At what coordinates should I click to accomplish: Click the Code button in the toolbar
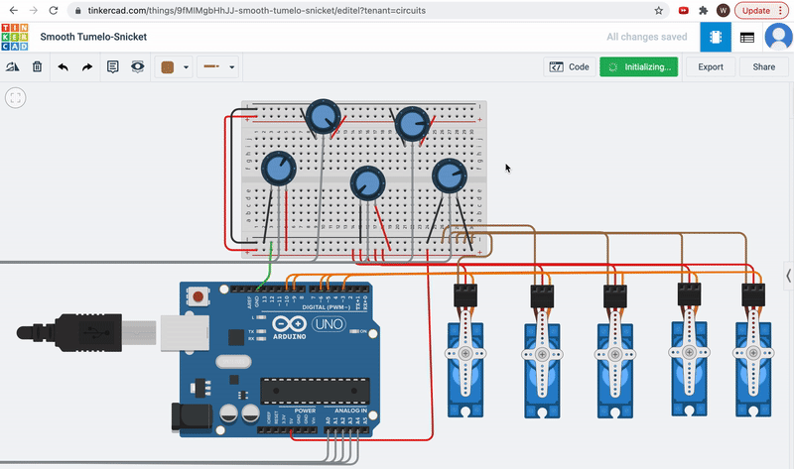570,67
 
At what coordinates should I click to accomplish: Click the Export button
711,67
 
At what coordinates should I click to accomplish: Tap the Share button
763,67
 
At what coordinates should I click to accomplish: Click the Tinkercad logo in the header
15,38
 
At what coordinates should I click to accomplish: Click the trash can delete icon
37,67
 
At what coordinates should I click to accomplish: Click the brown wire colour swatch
168,67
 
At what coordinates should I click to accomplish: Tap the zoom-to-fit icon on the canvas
15,97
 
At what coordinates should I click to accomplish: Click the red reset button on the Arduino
201,296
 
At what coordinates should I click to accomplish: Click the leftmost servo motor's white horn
464,355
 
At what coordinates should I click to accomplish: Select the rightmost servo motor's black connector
755,295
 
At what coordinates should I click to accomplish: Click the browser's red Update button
759,10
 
